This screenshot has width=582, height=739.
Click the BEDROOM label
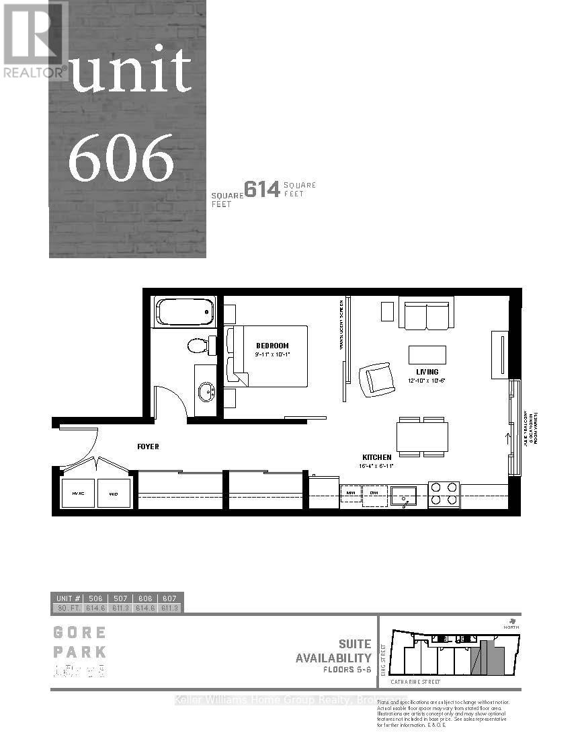tap(272, 346)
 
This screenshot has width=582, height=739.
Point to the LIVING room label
tap(427, 372)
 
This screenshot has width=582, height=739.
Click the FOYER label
tap(148, 446)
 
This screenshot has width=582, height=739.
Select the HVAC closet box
tap(78, 494)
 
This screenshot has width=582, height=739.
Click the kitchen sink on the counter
tap(406, 496)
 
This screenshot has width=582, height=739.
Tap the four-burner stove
tap(444, 494)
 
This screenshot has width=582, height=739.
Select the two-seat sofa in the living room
tap(424, 315)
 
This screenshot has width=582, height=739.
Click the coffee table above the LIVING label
tap(427, 354)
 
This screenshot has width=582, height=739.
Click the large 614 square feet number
tap(261, 190)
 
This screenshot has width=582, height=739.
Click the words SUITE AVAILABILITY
tap(333, 651)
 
